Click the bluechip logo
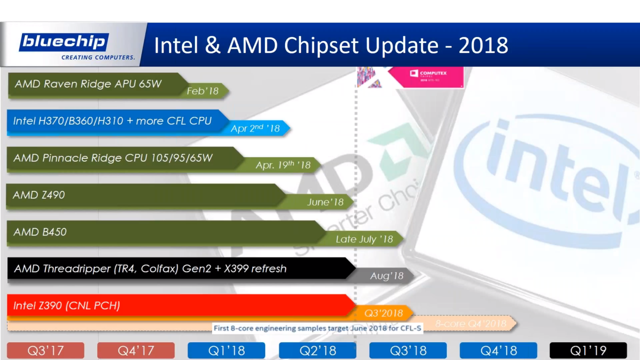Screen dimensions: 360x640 (64, 42)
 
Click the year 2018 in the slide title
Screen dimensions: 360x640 (483, 45)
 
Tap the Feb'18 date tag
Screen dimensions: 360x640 (203, 91)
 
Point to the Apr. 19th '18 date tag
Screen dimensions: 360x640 (283, 165)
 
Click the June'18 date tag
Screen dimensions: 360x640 (325, 202)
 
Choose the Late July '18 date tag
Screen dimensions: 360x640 (364, 239)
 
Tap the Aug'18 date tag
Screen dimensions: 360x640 (387, 276)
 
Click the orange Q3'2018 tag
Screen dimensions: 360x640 (384, 313)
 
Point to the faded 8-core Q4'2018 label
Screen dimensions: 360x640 (470, 323)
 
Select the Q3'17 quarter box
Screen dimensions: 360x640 (45, 350)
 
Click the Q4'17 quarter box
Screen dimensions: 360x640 (136, 350)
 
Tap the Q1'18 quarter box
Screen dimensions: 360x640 (226, 350)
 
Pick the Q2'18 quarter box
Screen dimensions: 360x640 (317, 350)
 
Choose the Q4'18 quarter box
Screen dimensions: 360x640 (498, 350)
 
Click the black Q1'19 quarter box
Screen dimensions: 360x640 (588, 350)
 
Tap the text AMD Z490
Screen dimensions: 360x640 (39, 195)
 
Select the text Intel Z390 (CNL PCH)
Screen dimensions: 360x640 (67, 306)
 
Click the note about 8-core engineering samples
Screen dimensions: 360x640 (317, 328)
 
